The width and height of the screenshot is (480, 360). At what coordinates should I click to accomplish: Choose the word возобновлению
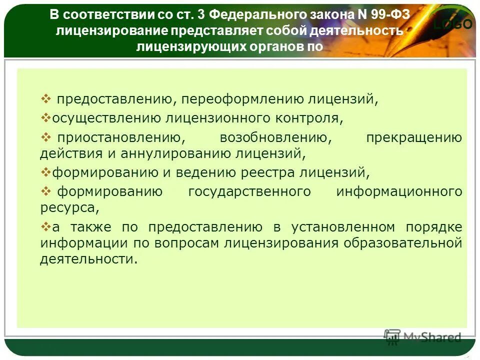pyautogui.click(x=273, y=137)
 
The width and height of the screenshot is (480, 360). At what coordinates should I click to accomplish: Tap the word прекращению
pyautogui.click(x=414, y=137)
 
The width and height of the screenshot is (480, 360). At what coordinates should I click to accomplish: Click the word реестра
pyautogui.click(x=270, y=172)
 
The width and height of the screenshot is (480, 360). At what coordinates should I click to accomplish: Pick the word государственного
pyautogui.click(x=250, y=191)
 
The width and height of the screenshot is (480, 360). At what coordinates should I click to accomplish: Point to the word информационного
pyautogui.click(x=399, y=191)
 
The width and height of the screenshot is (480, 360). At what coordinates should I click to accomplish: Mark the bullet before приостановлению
pyautogui.click(x=45, y=137)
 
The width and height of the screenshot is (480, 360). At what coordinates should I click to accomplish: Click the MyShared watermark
pyautogui.click(x=422, y=337)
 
